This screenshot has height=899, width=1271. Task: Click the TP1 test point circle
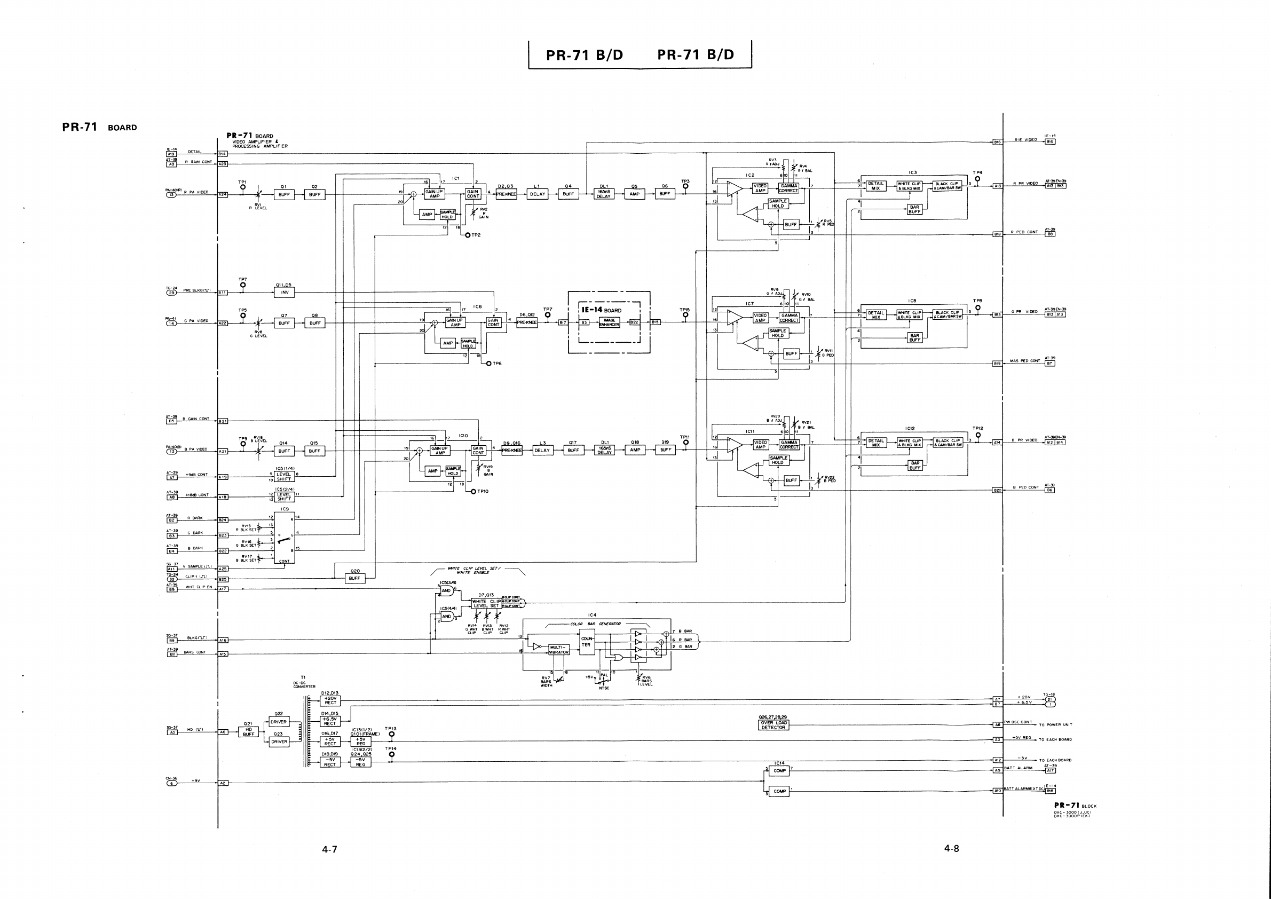click(x=242, y=187)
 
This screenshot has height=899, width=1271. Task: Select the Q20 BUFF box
click(x=354, y=578)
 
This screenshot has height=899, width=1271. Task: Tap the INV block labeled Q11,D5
click(x=285, y=293)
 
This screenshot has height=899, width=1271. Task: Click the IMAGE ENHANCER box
click(x=610, y=323)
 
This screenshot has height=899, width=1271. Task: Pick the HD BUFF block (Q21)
click(x=249, y=732)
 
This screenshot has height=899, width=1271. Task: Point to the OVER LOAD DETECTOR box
click(x=773, y=725)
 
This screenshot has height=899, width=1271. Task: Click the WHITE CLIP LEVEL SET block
click(x=487, y=603)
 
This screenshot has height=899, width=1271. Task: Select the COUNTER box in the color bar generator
click(x=586, y=642)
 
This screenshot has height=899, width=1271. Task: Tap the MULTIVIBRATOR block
click(x=558, y=649)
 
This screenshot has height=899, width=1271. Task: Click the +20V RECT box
click(x=330, y=700)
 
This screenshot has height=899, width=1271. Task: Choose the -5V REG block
click(x=361, y=762)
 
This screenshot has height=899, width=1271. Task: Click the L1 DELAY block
click(x=538, y=194)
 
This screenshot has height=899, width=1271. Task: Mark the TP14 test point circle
click(x=392, y=754)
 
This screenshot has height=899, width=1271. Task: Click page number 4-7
click(x=329, y=849)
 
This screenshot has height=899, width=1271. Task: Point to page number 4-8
click(x=951, y=848)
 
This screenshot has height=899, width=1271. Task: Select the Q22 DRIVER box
click(x=279, y=722)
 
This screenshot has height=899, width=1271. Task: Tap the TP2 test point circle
click(x=468, y=235)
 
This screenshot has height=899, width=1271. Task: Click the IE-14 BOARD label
click(x=601, y=311)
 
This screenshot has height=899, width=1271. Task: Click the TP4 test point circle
click(x=977, y=179)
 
